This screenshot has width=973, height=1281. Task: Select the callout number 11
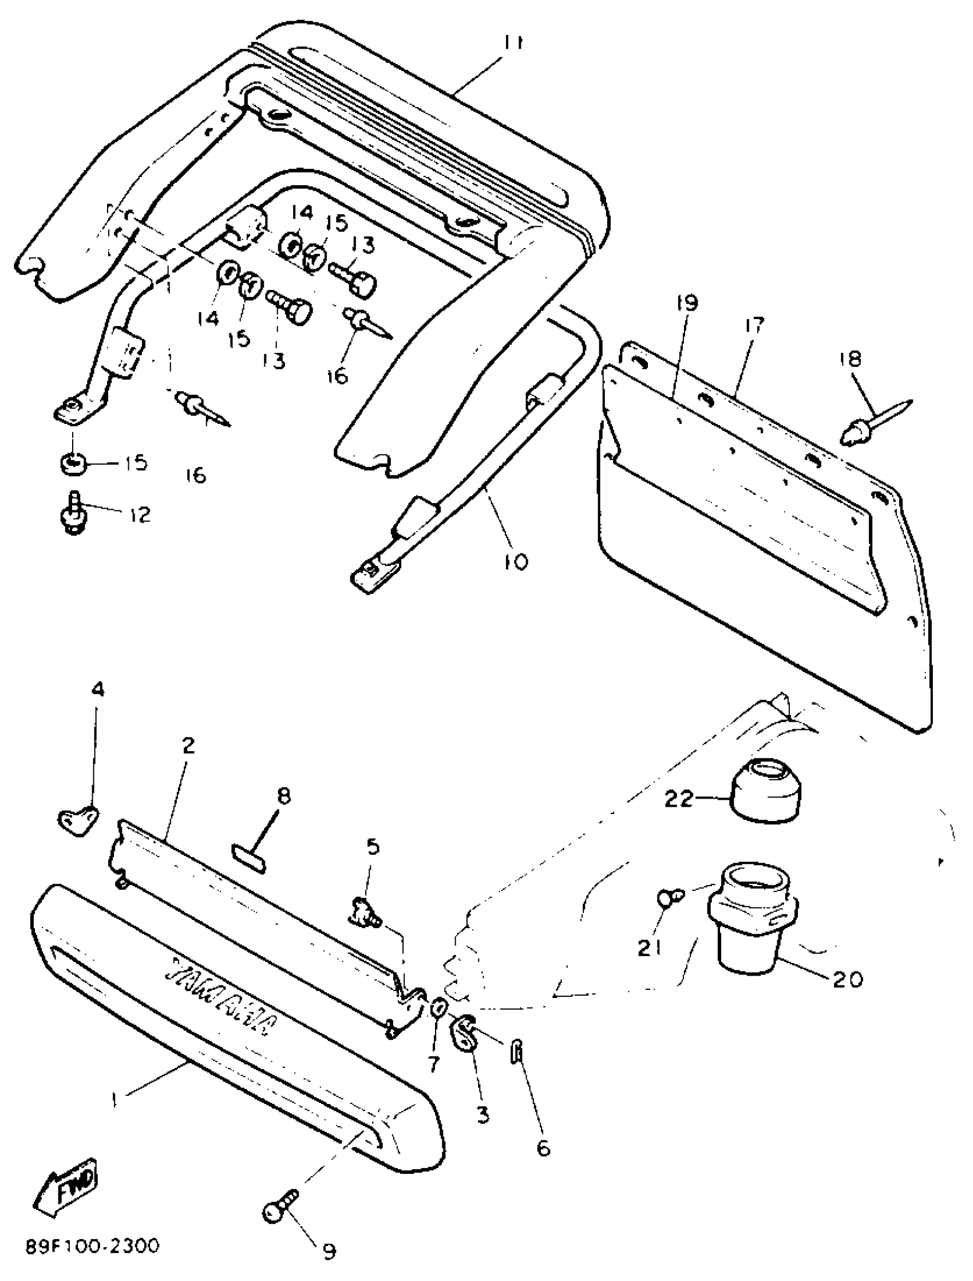(512, 44)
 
